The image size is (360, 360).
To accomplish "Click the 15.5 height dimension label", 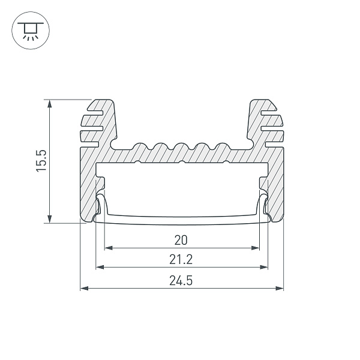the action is click(x=41, y=160).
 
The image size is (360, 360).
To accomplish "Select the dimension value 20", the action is click(x=181, y=240).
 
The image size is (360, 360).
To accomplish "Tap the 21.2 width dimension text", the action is click(x=181, y=259).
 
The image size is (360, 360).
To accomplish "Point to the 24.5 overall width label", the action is click(x=181, y=281).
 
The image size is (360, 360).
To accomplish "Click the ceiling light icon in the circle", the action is click(x=31, y=31).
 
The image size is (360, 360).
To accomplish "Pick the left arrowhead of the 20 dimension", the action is click(x=109, y=248).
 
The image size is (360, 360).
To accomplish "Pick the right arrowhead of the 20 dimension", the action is click(x=255, y=248).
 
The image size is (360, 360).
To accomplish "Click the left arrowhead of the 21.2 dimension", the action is click(x=100, y=267).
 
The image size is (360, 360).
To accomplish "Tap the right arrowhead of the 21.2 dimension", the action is click(x=264, y=267).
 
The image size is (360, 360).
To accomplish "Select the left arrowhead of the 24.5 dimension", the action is click(x=84, y=288).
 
